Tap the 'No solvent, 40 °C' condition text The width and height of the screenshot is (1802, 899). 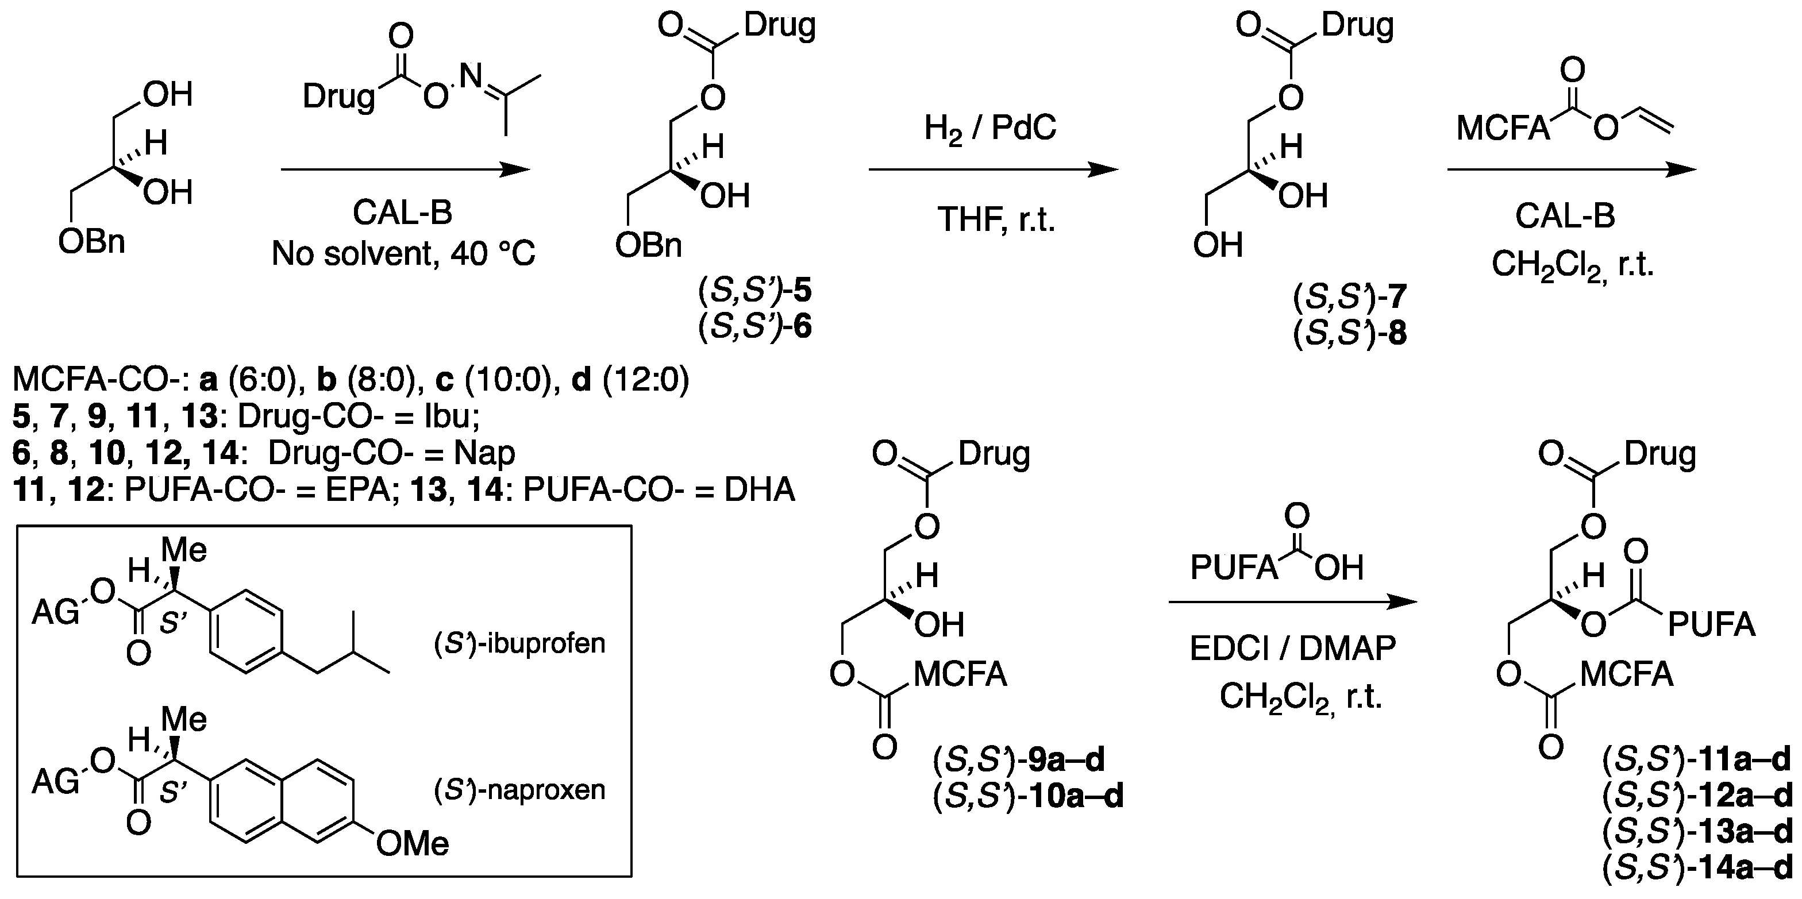pyautogui.click(x=403, y=254)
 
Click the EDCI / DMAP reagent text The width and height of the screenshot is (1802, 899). pyautogui.click(x=1292, y=649)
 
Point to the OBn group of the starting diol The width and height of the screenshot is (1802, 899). pyautogui.click(x=91, y=242)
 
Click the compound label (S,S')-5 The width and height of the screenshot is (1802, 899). pyautogui.click(x=755, y=291)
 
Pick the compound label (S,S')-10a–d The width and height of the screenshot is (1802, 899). pyautogui.click(x=1029, y=796)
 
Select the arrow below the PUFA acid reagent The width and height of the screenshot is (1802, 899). pyautogui.click(x=1292, y=602)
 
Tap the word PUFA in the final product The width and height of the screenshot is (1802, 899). pyautogui.click(x=1711, y=625)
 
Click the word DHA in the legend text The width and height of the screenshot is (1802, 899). pyautogui.click(x=759, y=490)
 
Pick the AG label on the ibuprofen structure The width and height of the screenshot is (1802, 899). pyautogui.click(x=56, y=613)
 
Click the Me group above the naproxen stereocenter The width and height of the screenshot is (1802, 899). pyautogui.click(x=184, y=719)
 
